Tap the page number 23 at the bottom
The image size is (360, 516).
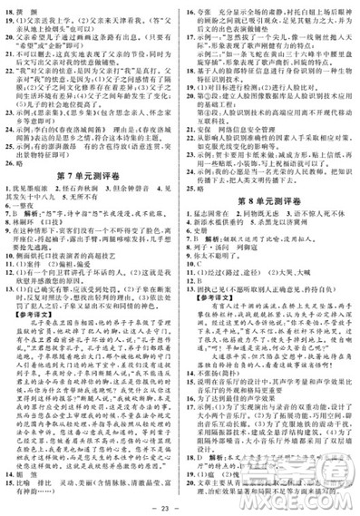181,507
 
